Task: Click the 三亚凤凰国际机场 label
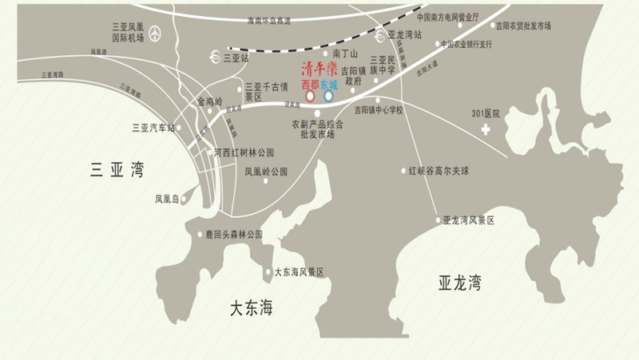pos(129,32)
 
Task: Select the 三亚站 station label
pos(236,58)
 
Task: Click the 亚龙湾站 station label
pos(404,35)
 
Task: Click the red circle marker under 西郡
pos(310,97)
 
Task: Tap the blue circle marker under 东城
pos(328,97)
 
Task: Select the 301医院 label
pos(485,114)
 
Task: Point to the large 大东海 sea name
pos(251,307)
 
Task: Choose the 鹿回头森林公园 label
pos(234,235)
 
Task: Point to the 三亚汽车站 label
pos(153,127)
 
